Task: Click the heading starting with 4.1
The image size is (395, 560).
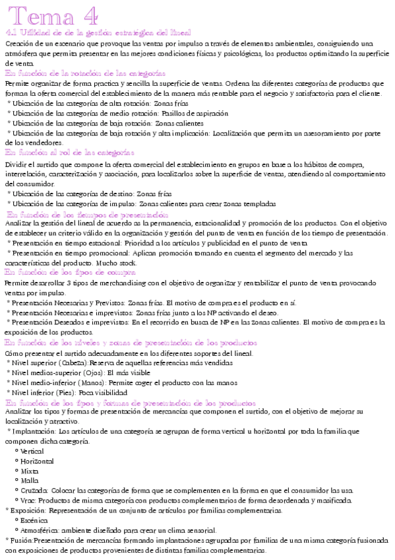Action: point(98,32)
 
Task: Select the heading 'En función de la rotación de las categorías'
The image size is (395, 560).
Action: point(85,73)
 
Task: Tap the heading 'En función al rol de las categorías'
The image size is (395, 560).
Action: point(73,152)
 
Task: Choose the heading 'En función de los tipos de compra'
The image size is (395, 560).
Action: point(70,271)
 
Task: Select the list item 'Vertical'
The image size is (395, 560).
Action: point(32,451)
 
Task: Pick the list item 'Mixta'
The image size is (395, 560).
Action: point(30,471)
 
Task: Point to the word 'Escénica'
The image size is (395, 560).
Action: point(34,520)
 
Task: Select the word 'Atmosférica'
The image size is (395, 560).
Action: point(39,530)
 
